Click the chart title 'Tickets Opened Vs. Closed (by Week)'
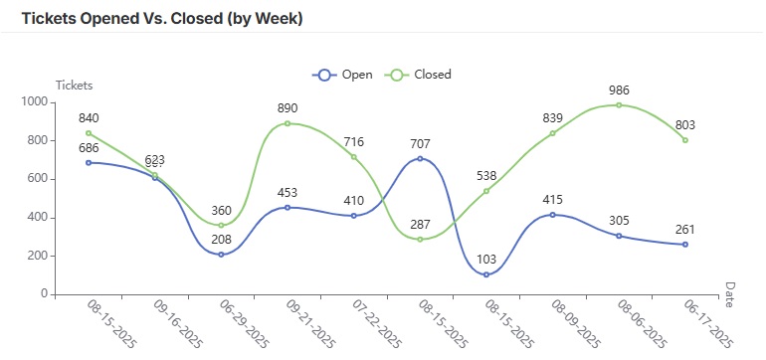162,19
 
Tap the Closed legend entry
420,75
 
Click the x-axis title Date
729,294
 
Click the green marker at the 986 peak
619,105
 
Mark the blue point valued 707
420,159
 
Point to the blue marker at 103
486,274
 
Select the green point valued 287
420,240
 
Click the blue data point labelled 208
221,255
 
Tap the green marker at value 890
287,123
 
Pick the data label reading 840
89,118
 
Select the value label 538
486,175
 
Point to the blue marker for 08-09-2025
552,215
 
